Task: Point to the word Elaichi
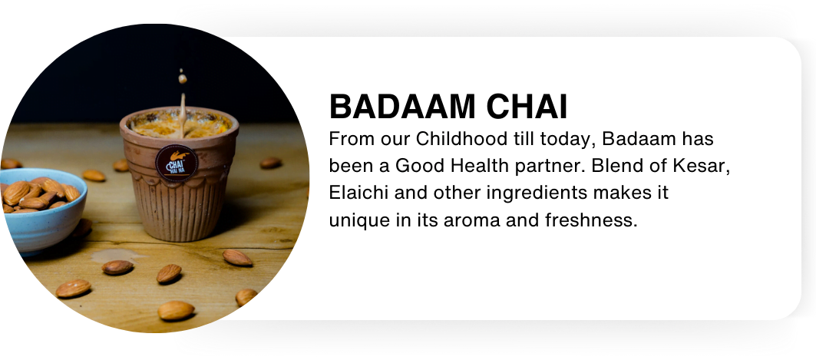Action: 359,193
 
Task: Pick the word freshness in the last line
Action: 590,220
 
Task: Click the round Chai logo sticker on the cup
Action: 177,163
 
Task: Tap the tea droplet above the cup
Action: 182,78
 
